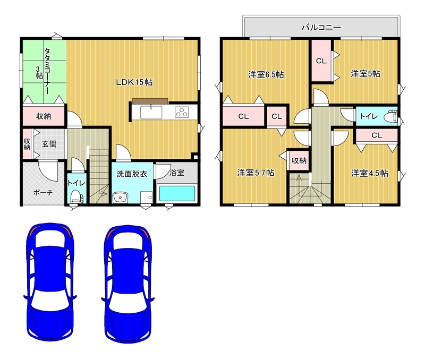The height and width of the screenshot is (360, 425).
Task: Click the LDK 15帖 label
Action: point(134,82)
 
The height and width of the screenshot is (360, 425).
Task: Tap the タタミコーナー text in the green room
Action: point(47,71)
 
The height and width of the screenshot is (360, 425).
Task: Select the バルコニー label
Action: point(321,28)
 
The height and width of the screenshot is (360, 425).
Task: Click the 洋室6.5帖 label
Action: point(266,74)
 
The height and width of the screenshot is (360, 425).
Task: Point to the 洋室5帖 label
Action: point(365,73)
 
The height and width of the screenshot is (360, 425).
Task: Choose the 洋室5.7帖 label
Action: point(256,173)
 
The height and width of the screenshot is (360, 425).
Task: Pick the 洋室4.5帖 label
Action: point(369,173)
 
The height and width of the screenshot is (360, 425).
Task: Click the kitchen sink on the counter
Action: point(151,112)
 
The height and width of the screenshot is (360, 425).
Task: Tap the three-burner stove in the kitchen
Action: point(182,112)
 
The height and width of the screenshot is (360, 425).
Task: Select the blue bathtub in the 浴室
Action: point(177,193)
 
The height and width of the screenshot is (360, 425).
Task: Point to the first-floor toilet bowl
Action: point(75,196)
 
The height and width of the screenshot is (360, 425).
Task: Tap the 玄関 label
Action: point(49,144)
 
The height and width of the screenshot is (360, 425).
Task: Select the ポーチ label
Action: point(43,193)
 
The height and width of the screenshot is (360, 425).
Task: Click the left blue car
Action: point(50,282)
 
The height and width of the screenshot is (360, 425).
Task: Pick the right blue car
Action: point(128,284)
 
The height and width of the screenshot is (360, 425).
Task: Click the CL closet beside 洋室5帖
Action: point(321,61)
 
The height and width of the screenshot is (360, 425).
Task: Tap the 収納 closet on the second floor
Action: point(299,161)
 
